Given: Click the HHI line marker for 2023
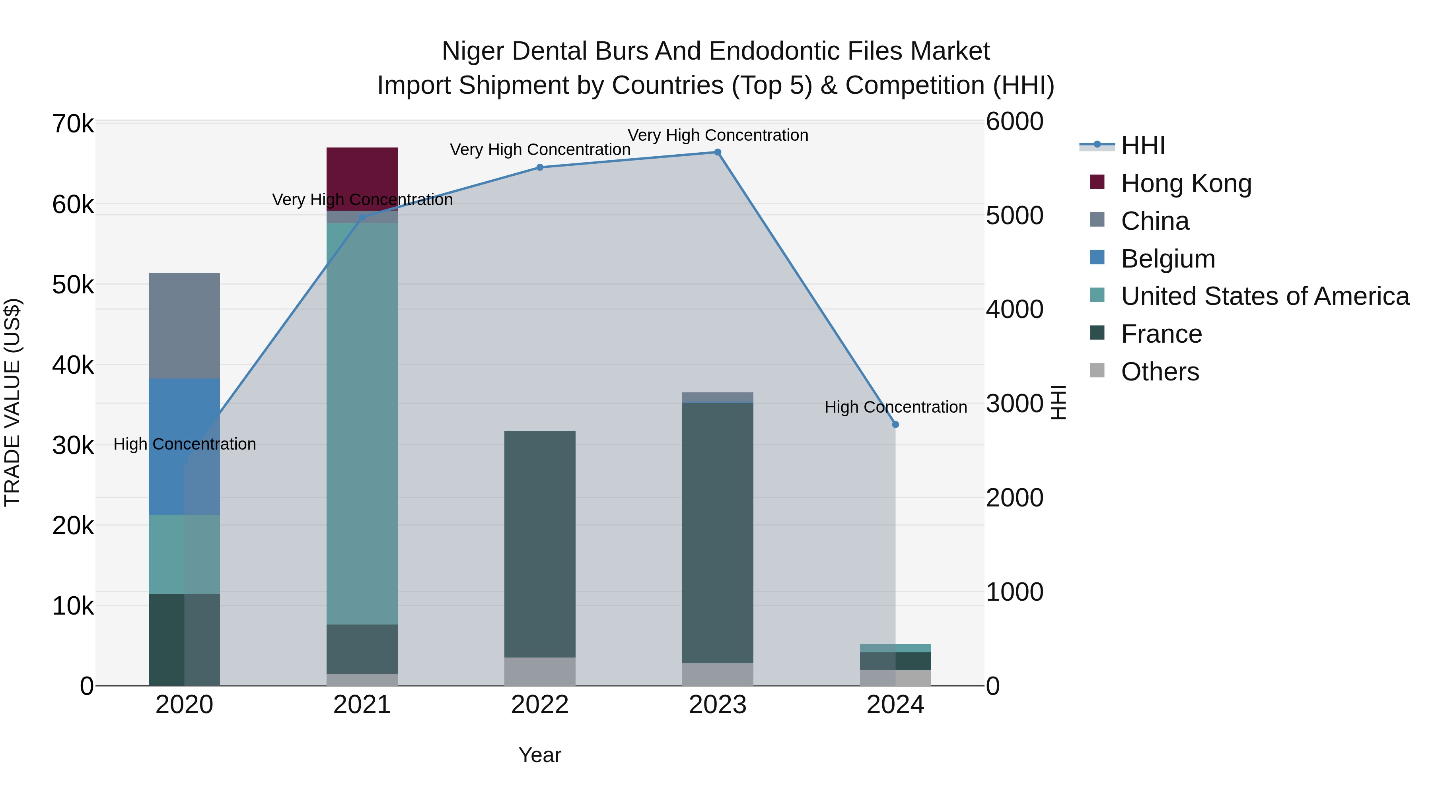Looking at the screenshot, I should click(717, 152).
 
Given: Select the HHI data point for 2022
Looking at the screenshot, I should click(540, 167).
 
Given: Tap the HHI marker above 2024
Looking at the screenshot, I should click(895, 425).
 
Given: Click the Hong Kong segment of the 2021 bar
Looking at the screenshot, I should click(362, 178).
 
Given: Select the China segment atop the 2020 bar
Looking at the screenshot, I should click(184, 326).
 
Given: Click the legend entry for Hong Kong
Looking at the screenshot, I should click(1186, 183).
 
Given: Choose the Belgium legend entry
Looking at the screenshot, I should click(1167, 259).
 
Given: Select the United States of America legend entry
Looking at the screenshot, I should click(1265, 296).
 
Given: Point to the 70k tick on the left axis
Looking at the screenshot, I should click(73, 124).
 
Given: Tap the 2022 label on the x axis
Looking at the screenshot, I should click(540, 705).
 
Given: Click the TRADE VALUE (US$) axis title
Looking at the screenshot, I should click(12, 402).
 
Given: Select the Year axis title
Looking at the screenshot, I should click(540, 755).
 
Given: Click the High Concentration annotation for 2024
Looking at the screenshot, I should click(895, 407).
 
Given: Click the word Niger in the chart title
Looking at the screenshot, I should click(473, 51).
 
